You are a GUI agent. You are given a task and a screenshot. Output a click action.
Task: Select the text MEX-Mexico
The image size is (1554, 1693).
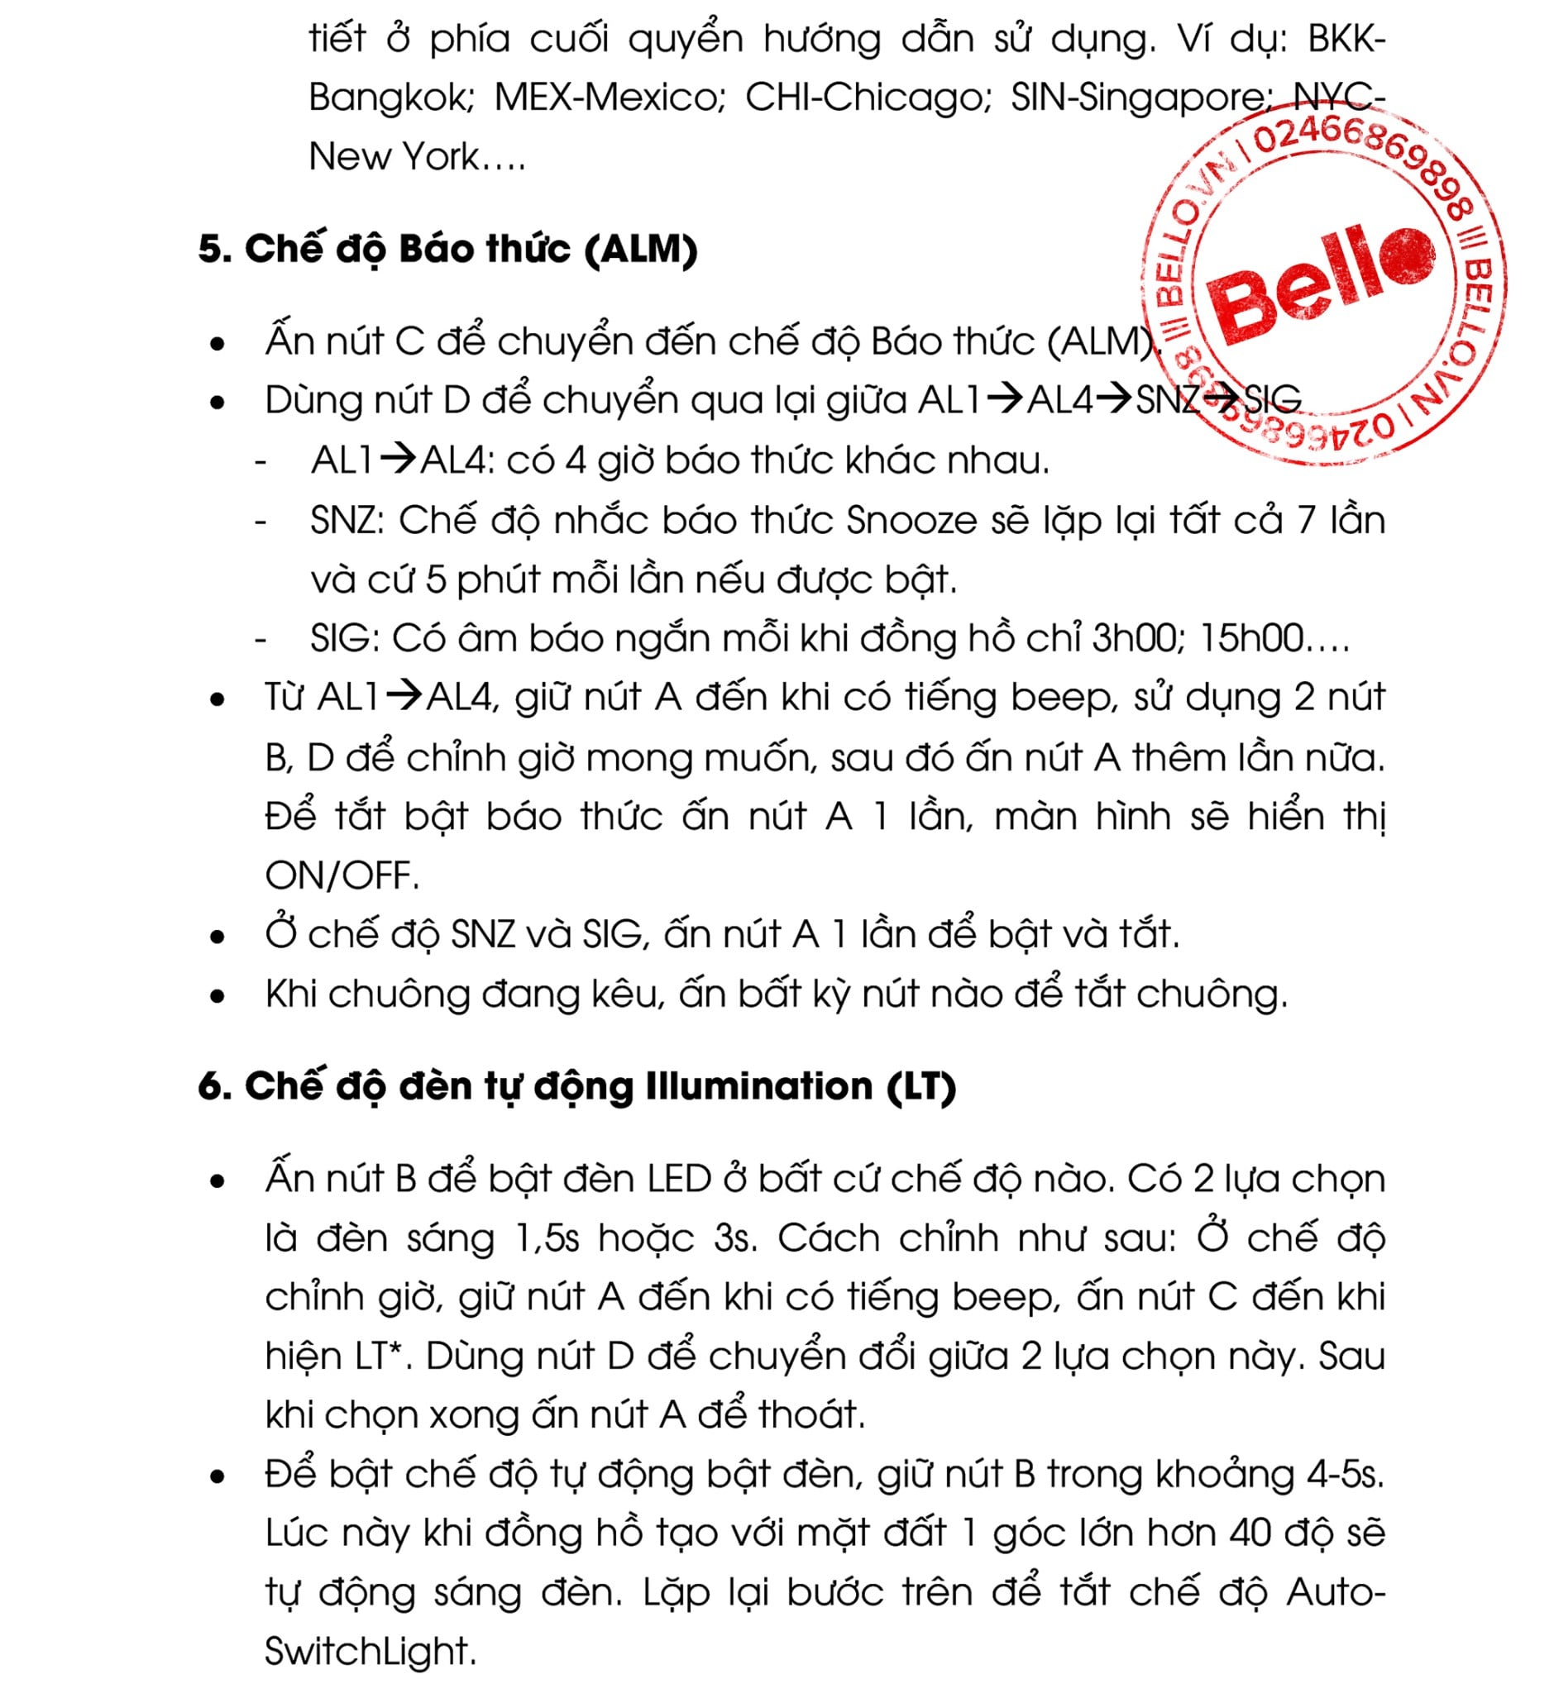[x=609, y=98]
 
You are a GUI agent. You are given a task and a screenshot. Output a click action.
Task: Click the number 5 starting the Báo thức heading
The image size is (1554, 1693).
[x=209, y=250]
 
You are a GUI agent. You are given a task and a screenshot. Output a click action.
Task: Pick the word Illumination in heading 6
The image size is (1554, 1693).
[x=759, y=1086]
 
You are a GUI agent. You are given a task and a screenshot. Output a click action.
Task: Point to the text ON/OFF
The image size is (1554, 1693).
[x=342, y=876]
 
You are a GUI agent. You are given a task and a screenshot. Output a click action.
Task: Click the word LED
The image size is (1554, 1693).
[x=680, y=1179]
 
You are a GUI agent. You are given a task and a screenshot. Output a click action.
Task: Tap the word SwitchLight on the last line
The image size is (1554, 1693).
[x=369, y=1652]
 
